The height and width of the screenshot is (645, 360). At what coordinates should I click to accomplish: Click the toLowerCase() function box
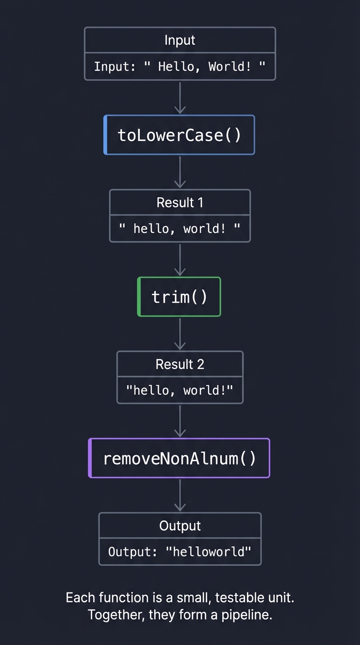179,135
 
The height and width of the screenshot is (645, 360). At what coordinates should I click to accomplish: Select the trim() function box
179,297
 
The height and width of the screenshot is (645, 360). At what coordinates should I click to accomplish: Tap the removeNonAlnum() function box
179,458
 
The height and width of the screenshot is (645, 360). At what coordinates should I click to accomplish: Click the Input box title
180,40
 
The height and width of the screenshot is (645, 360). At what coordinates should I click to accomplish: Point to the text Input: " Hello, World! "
180,67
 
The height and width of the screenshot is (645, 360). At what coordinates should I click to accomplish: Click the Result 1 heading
180,202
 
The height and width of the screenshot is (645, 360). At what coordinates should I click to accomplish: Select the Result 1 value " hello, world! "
180,229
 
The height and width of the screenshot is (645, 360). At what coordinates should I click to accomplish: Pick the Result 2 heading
180,364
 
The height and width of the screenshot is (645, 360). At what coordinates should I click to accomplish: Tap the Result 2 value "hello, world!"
180,390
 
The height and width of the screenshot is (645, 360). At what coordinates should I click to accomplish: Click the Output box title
180,526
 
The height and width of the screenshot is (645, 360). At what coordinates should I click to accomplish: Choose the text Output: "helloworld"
180,552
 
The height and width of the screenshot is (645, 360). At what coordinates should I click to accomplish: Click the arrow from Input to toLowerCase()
180,97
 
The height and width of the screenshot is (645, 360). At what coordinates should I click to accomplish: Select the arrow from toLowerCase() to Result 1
180,172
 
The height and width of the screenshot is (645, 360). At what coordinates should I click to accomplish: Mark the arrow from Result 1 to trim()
180,259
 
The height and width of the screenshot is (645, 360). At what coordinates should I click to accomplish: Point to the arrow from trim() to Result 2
180,334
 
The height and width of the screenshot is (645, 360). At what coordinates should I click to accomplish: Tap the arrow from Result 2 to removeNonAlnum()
180,421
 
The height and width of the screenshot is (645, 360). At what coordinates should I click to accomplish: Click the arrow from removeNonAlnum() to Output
180,495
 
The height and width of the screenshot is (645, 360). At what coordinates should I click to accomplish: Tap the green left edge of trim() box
139,297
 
